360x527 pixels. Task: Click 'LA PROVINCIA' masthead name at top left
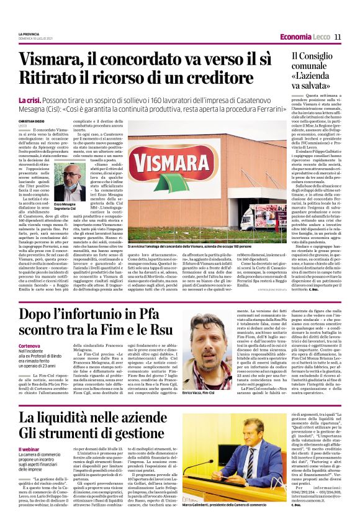[29, 33]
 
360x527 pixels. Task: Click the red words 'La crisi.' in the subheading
[29, 101]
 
